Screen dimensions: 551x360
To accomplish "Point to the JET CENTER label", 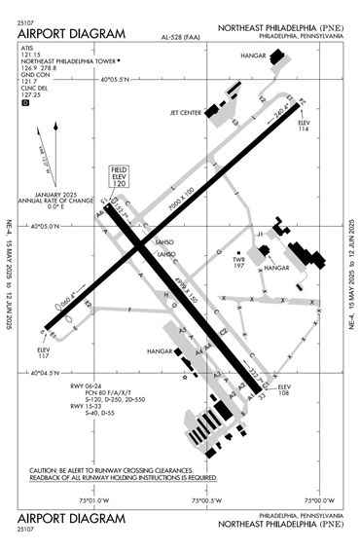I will pyautogui.click(x=186, y=111).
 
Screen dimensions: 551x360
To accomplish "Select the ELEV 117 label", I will pyautogui.click(x=43, y=353).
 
